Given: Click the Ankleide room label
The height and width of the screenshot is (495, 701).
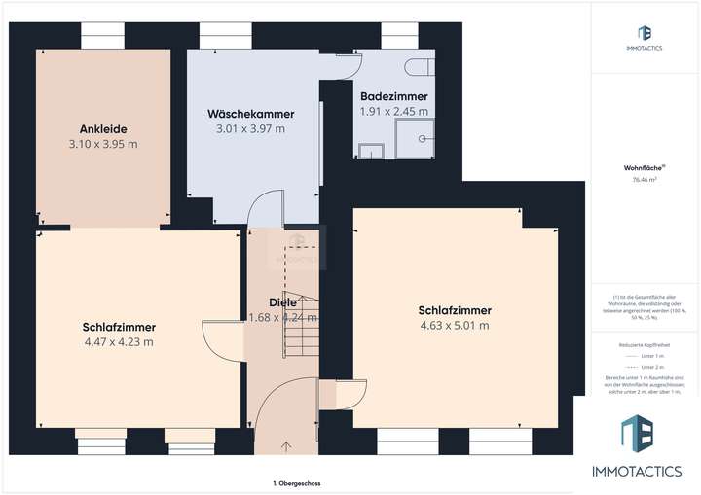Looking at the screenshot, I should click(104, 128).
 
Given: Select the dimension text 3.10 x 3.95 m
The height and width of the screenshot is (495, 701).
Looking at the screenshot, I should click(104, 144).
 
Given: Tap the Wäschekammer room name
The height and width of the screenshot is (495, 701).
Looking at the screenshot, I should click(250, 114).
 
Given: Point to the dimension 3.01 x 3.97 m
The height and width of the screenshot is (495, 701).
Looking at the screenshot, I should click(250, 128).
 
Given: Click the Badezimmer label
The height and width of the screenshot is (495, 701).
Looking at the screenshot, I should click(394, 96).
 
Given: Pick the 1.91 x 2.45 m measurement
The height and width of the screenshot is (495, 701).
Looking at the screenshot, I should click(394, 111).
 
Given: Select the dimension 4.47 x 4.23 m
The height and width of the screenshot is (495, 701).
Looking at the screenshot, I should click(119, 341).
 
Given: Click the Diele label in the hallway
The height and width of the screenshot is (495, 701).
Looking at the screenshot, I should click(282, 301).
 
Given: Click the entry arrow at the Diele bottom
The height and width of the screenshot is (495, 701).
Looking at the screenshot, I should click(285, 447).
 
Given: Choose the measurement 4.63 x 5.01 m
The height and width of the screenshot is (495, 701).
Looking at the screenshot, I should click(455, 326).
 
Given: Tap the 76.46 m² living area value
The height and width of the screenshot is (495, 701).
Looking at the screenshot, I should click(645, 180).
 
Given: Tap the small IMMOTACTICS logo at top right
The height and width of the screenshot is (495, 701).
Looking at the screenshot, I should click(645, 34).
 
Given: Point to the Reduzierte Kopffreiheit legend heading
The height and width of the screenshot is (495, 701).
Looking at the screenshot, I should click(645, 344).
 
